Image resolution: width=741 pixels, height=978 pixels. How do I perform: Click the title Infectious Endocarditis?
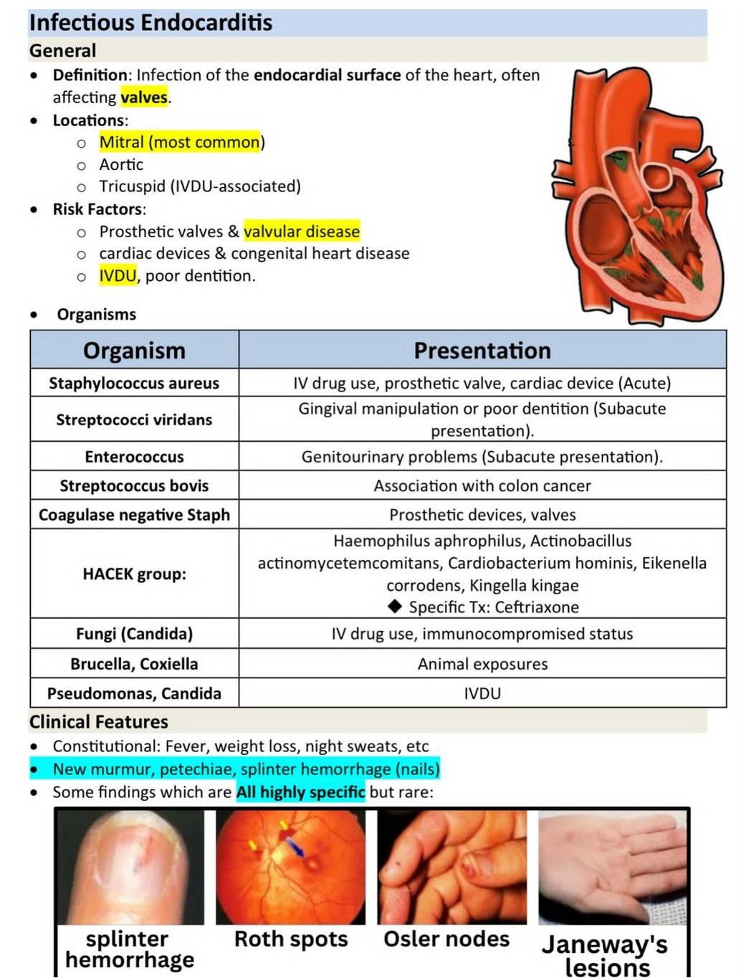coord(150,22)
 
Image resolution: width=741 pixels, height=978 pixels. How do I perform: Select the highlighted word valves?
coord(144,98)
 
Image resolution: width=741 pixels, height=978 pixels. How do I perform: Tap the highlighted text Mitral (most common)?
coord(181,142)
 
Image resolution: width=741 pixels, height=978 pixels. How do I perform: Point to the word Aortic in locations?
coord(121,165)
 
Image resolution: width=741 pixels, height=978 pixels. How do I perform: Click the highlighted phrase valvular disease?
coord(302,232)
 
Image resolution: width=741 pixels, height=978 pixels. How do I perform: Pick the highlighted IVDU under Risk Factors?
coord(118,276)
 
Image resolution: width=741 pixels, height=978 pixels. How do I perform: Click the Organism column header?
coord(134,351)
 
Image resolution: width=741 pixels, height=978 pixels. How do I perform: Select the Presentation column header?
coord(482,351)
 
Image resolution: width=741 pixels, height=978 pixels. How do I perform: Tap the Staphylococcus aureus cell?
coord(134,384)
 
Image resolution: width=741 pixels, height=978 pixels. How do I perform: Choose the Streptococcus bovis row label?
coord(134,486)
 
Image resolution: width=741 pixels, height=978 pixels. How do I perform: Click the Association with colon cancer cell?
coord(482,486)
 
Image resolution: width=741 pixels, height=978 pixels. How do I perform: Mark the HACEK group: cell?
coord(134,574)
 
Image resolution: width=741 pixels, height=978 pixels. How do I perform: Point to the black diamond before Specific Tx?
coord(394,607)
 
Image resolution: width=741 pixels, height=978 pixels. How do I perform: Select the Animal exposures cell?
coord(482,664)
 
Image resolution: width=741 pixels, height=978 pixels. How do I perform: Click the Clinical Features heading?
coord(99,722)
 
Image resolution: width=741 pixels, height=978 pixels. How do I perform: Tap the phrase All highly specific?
coord(300,792)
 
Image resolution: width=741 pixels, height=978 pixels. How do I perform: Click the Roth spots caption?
coord(291,939)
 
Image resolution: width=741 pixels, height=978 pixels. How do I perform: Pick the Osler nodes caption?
coord(446,939)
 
